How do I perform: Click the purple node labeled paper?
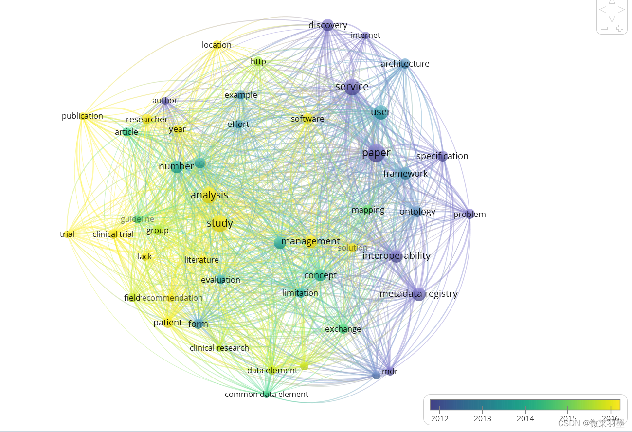click(376, 153)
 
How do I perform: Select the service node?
click(352, 87)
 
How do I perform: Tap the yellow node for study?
click(219, 224)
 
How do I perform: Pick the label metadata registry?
click(418, 294)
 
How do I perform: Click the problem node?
click(469, 214)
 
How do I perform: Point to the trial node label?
click(67, 234)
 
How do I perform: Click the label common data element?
click(267, 394)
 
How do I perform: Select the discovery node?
click(328, 25)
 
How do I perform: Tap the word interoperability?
click(397, 256)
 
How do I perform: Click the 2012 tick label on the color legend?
click(439, 419)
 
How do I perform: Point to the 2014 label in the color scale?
click(525, 419)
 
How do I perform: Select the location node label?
click(217, 45)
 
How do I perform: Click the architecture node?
click(405, 64)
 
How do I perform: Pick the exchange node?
click(343, 329)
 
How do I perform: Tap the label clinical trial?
click(113, 234)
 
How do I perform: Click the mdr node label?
click(390, 372)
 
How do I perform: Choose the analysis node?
click(209, 195)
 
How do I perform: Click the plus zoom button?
click(620, 28)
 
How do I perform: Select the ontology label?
click(417, 212)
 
